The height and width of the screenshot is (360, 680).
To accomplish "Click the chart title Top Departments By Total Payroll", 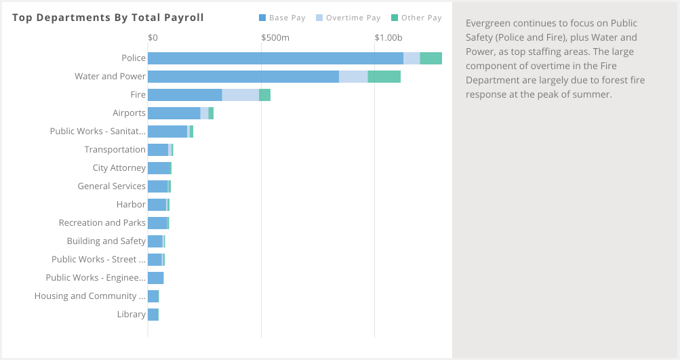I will click(108, 17).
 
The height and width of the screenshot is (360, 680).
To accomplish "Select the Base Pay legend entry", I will click(283, 18).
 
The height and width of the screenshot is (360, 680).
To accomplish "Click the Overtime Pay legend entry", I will click(348, 18).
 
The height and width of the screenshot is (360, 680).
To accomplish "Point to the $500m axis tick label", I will click(275, 37).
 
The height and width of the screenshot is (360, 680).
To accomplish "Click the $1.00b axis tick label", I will click(388, 37).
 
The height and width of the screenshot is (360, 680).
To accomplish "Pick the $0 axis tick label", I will click(153, 37).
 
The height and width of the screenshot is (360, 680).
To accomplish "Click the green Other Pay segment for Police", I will click(431, 58).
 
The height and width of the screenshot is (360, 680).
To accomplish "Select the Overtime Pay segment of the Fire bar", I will click(240, 95).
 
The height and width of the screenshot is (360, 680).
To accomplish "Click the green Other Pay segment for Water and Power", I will click(384, 77).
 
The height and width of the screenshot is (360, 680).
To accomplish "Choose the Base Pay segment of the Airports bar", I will click(174, 113).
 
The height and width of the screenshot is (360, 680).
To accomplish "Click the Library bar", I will click(153, 315).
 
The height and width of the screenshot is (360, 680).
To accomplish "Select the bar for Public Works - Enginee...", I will click(156, 278).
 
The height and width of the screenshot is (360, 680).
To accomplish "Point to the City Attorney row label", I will click(119, 168).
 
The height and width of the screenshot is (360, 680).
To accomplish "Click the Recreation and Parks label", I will click(102, 223).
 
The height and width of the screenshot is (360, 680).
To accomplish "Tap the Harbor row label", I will click(131, 205).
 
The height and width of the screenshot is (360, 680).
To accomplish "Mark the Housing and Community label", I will click(89, 296).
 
